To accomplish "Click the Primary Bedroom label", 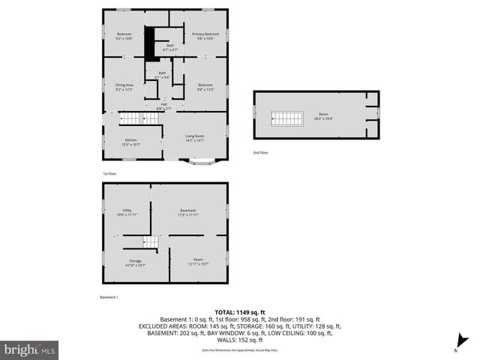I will tap(205, 36).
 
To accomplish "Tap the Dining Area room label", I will tap(124, 87).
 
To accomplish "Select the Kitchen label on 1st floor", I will tap(130, 142).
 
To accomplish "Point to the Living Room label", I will tap(195, 137).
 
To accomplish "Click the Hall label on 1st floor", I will tap(163, 106).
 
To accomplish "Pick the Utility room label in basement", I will tap(126, 213).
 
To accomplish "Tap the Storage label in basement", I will tap(135, 262).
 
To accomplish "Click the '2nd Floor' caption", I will tap(260, 152).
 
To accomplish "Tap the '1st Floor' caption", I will tap(110, 173).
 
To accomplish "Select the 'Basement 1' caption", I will tap(109, 298).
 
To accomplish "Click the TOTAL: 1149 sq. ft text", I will tap(240, 311).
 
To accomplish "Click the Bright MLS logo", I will tap(30, 349).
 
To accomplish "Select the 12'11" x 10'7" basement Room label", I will tap(198, 262).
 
